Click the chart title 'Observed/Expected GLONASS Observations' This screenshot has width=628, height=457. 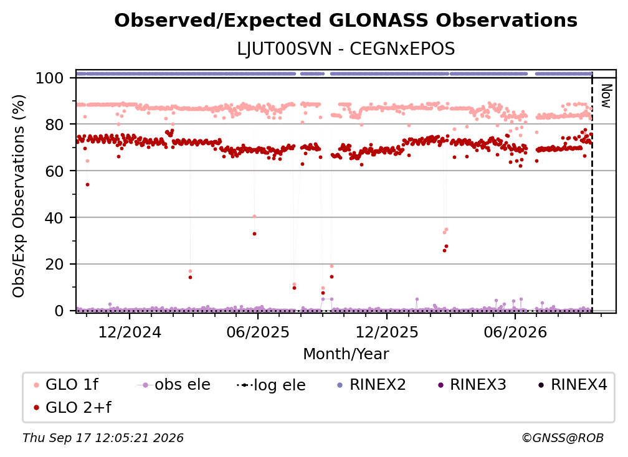pos(346,21)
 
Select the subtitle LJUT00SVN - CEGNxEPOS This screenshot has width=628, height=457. pos(346,49)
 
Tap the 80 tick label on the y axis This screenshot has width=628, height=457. pos(54,125)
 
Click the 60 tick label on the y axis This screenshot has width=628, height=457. pos(54,171)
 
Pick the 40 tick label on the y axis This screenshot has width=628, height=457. pos(54,218)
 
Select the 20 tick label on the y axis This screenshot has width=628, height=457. pos(54,265)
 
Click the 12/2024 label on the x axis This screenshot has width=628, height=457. pos(130,332)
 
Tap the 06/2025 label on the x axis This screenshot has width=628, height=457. pos(258,332)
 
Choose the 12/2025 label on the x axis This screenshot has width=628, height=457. pos(387,332)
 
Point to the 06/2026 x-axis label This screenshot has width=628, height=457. pos(515,332)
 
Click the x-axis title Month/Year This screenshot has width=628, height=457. pos(346,354)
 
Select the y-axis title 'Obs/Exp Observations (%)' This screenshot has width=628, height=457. pos(19,196)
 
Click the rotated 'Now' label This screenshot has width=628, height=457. pos(606,96)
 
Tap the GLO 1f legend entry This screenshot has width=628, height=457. pos(66,385)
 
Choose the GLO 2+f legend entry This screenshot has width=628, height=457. pos(72,407)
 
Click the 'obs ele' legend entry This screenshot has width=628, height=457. pos(174,385)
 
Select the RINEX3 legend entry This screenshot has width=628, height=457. pos(472,385)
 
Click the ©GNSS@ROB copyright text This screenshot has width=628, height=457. pos(563,438)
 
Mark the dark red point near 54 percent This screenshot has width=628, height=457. pos(87,184)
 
